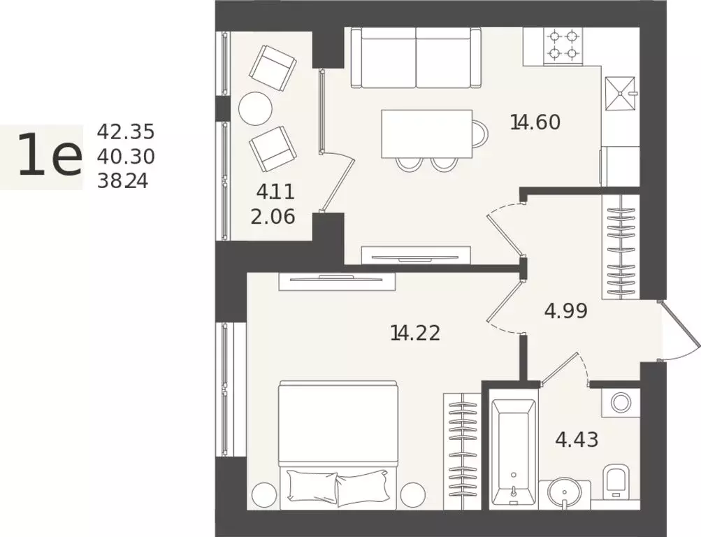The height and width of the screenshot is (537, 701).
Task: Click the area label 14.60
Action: [x=535, y=122]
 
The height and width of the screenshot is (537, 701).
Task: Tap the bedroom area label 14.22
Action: [x=415, y=333]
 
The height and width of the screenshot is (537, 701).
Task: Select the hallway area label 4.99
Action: [x=565, y=310]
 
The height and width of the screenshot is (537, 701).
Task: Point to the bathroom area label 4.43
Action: [x=577, y=440]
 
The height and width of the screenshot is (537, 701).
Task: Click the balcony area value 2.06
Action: [x=273, y=217]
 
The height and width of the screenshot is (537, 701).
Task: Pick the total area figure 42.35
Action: [x=126, y=132]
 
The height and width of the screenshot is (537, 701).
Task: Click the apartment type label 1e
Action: [x=50, y=155]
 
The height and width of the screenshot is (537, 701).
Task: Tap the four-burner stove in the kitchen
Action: [x=563, y=45]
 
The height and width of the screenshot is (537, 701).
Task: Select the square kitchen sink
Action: [x=620, y=94]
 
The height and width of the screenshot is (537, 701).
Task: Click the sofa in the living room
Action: [x=416, y=57]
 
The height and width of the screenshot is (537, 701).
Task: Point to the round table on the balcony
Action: [x=255, y=108]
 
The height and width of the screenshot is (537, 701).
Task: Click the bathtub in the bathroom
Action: [x=513, y=452]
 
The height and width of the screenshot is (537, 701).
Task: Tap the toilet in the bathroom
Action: [x=616, y=482]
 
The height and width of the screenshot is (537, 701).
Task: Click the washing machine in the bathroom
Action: [x=621, y=403]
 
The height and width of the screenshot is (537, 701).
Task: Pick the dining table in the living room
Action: [x=427, y=134]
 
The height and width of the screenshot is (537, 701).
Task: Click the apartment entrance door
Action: [x=681, y=331]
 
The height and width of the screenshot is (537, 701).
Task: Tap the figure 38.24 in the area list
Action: [x=122, y=181]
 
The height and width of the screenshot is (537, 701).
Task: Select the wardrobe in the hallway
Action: [x=621, y=246]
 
